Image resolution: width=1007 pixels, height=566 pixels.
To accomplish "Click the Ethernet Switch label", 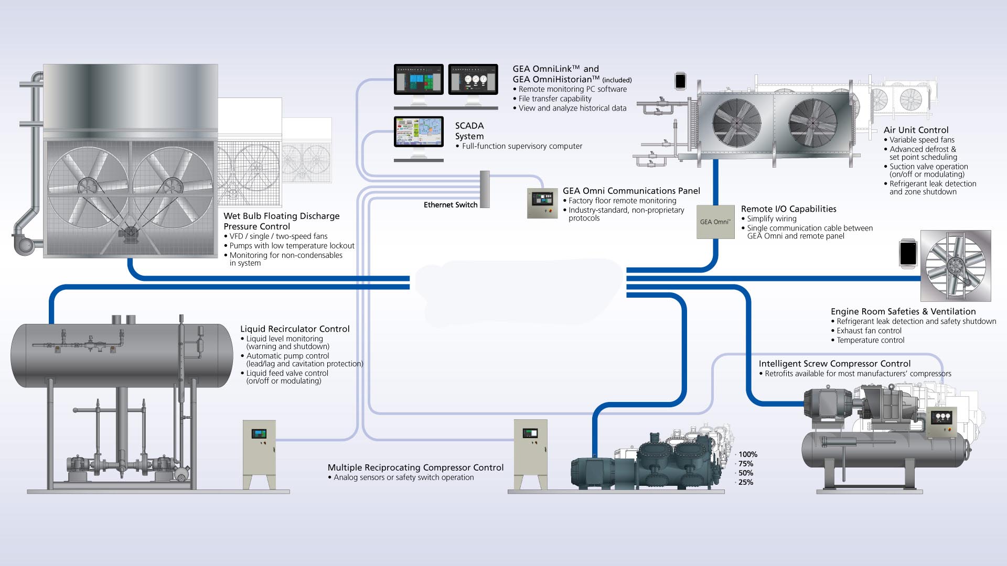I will click(x=451, y=205).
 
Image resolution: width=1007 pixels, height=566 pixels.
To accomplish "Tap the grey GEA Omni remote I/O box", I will click(x=715, y=222).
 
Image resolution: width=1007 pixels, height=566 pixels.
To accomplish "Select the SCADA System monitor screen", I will click(x=419, y=131).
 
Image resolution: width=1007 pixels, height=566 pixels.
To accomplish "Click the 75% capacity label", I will click(x=745, y=464).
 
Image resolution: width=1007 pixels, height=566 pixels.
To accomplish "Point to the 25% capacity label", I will click(x=745, y=482).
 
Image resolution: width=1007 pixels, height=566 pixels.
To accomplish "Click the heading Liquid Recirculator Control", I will click(x=295, y=329).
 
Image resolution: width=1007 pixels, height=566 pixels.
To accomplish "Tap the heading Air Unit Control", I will click(x=916, y=130).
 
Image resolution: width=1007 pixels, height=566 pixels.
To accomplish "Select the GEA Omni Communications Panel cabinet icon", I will click(x=542, y=203).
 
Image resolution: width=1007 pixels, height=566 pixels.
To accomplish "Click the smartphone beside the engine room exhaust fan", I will click(x=908, y=253).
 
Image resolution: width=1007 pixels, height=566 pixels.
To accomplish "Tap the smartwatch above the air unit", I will click(x=680, y=81).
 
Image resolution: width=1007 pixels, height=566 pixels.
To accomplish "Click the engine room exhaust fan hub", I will click(x=956, y=266).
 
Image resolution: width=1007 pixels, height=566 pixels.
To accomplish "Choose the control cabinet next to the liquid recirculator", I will click(x=259, y=454).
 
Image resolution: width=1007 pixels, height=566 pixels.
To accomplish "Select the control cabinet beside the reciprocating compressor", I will click(x=530, y=454).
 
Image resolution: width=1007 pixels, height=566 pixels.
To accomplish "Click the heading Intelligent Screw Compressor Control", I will click(x=834, y=364).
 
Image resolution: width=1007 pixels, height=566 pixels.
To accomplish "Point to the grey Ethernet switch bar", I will click(x=485, y=189).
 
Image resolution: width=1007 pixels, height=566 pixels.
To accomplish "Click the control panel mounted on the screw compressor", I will click(x=942, y=422).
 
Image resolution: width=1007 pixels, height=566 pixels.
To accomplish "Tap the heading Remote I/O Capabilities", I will click(x=788, y=209).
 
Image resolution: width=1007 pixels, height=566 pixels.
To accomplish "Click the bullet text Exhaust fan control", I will click(x=869, y=331).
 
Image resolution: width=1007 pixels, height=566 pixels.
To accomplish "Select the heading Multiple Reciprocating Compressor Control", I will click(x=415, y=467).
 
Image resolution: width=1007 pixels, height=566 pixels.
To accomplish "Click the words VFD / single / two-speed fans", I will click(x=278, y=236).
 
